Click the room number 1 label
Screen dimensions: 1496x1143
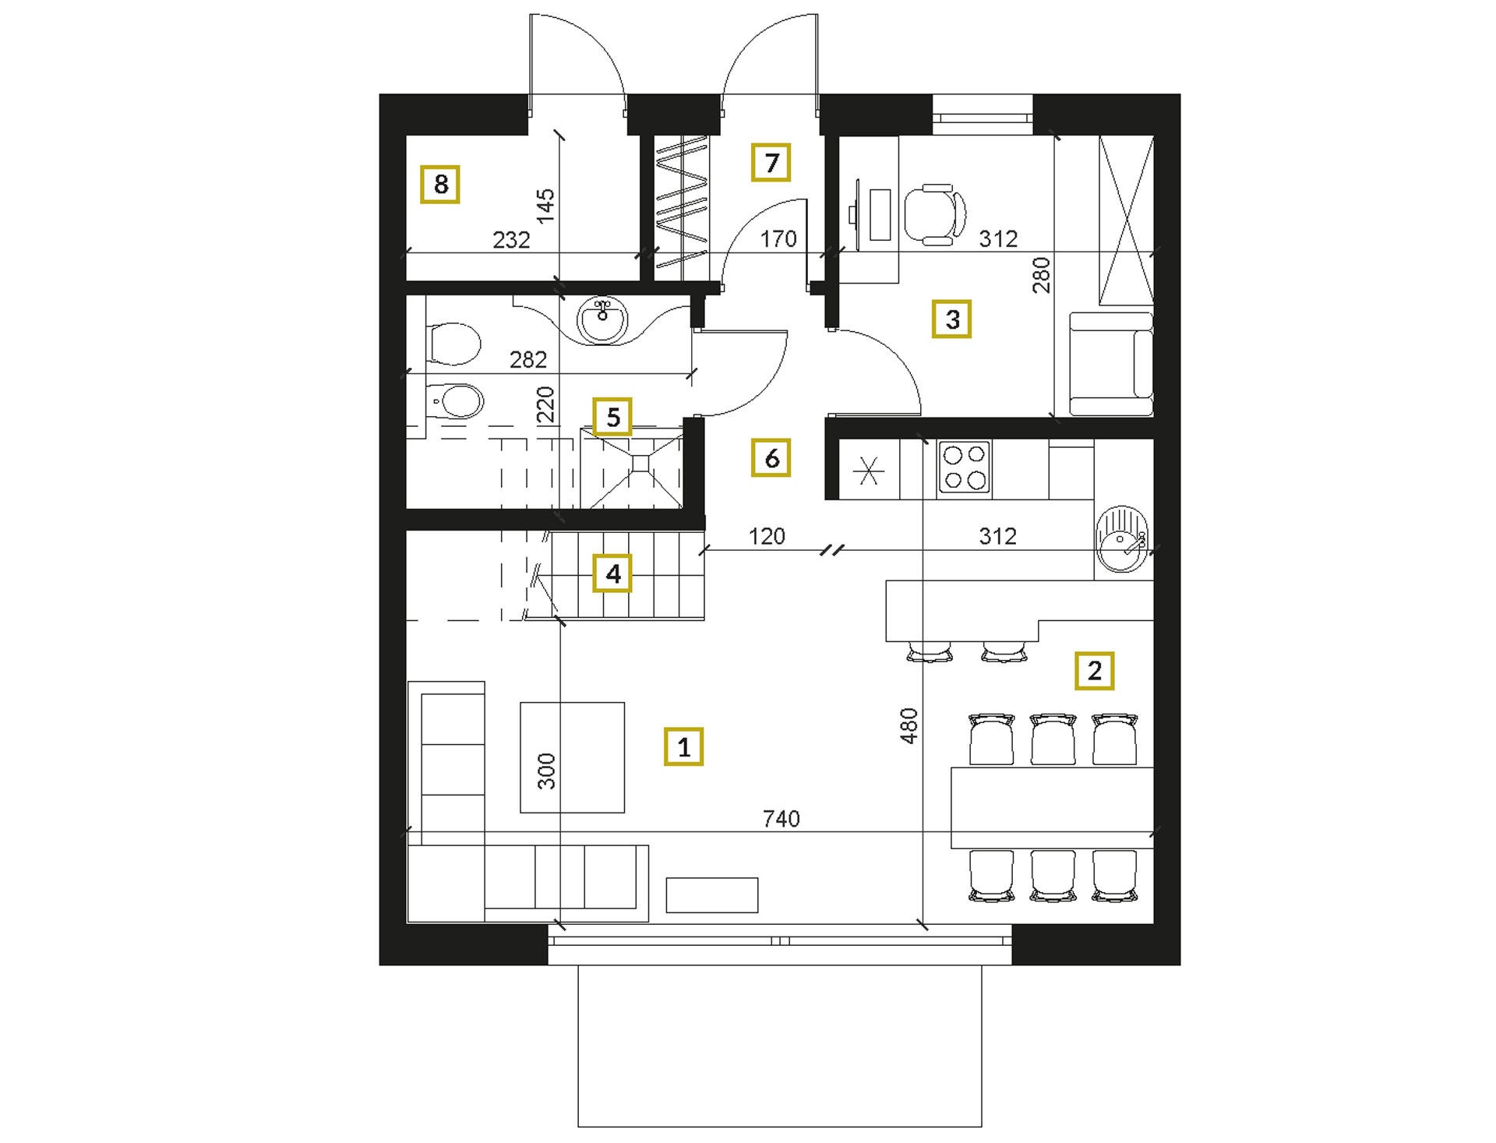[x=683, y=746]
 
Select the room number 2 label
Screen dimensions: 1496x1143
[x=1094, y=670]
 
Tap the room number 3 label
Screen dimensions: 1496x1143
[x=951, y=319]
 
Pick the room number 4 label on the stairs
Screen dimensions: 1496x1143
[x=612, y=573]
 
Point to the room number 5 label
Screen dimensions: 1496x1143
[x=612, y=417]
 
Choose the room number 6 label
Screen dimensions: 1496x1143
[x=771, y=457]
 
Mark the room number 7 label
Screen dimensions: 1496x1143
[x=771, y=162]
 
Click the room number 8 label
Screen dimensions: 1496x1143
[x=440, y=184]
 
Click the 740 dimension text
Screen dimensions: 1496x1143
[x=781, y=818]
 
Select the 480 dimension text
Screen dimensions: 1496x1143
[x=909, y=725]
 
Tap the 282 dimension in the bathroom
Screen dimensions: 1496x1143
[x=527, y=359]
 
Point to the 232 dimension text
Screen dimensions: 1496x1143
[x=511, y=239]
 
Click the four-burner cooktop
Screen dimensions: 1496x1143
[x=964, y=467]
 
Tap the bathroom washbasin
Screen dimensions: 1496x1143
[x=602, y=319]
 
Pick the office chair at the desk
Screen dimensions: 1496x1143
[x=935, y=215]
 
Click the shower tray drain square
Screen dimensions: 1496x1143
[x=640, y=464]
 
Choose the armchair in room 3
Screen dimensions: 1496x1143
[x=1111, y=364]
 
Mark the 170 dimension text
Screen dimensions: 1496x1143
[x=778, y=238]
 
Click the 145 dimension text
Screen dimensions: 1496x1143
[x=545, y=206]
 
